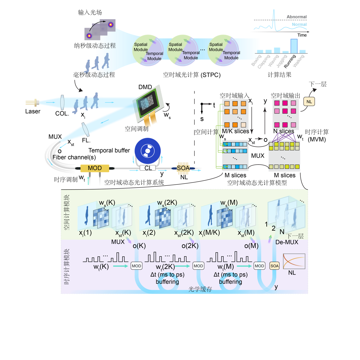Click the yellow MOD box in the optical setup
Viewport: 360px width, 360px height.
tap(95, 168)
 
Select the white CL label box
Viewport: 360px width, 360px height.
tap(148, 168)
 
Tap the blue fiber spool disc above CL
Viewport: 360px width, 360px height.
tap(148, 151)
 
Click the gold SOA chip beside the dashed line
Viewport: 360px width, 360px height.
tap(183, 168)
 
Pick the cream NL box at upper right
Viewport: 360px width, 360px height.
tap(309, 102)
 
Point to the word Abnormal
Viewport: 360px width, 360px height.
tap(296, 17)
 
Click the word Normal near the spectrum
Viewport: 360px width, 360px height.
tap(299, 25)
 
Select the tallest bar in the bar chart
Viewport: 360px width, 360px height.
tap(294, 46)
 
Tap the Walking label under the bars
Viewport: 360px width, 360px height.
tap(299, 61)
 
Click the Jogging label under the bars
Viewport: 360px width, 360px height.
tap(282, 61)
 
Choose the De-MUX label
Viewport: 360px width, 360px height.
tap(287, 242)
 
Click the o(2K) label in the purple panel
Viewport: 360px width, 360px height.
tap(190, 246)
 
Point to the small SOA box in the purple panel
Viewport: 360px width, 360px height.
tap(274, 266)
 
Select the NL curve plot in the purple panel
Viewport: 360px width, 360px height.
tap(294, 261)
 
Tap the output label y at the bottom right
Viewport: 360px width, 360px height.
tap(276, 287)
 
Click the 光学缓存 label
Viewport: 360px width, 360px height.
tap(200, 289)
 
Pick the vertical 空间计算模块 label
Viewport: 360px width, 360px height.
tap(67, 212)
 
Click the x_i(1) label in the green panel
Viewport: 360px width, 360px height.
tap(85, 233)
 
